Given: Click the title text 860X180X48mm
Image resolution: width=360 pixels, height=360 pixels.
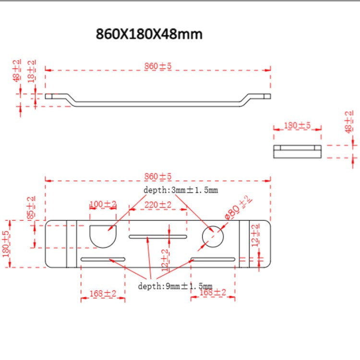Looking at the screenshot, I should click(149, 35).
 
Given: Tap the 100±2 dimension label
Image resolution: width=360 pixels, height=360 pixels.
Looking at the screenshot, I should click(103, 204).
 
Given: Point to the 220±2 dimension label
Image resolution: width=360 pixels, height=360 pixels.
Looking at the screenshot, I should click(158, 204).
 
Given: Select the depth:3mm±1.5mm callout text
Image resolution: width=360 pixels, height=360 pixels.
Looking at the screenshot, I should click(180, 190).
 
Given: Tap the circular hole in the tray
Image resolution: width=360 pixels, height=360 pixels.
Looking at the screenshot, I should click(213, 236).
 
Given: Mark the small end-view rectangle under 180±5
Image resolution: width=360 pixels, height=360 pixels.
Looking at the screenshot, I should click(297, 151).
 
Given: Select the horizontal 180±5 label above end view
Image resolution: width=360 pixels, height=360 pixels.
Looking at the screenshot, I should click(297, 125).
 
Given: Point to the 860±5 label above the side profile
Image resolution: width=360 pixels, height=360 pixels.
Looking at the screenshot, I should click(158, 66).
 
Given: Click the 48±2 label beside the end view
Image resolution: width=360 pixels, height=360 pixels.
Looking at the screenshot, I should click(349, 122).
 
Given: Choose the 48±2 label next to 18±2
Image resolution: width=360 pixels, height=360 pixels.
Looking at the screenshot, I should click(17, 71).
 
